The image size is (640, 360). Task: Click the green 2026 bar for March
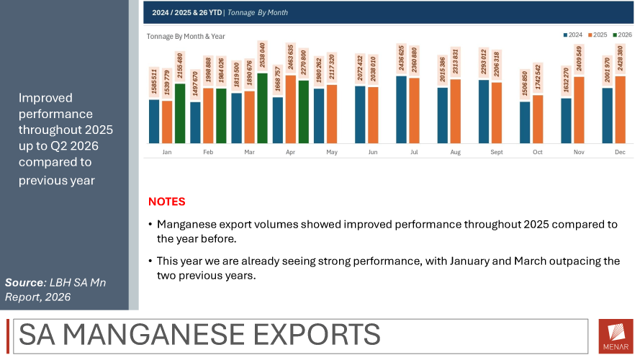(263, 108)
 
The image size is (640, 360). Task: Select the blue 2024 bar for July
(401, 109)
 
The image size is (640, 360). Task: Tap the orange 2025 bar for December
(621, 109)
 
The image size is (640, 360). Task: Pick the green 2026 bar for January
(180, 114)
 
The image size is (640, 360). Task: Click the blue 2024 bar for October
(525, 122)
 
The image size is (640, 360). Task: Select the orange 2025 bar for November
(580, 109)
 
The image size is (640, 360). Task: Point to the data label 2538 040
(262, 55)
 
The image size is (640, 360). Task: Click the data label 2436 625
(401, 58)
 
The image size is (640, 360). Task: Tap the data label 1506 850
(525, 84)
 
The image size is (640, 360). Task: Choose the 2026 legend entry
(623, 35)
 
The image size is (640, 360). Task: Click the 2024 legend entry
(573, 35)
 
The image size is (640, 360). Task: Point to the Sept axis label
(497, 152)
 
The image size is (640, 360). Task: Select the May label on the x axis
(332, 152)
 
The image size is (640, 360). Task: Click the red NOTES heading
(166, 202)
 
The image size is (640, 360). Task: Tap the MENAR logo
(616, 336)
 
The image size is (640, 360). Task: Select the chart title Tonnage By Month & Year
(186, 36)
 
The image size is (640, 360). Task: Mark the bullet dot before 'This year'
(150, 261)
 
